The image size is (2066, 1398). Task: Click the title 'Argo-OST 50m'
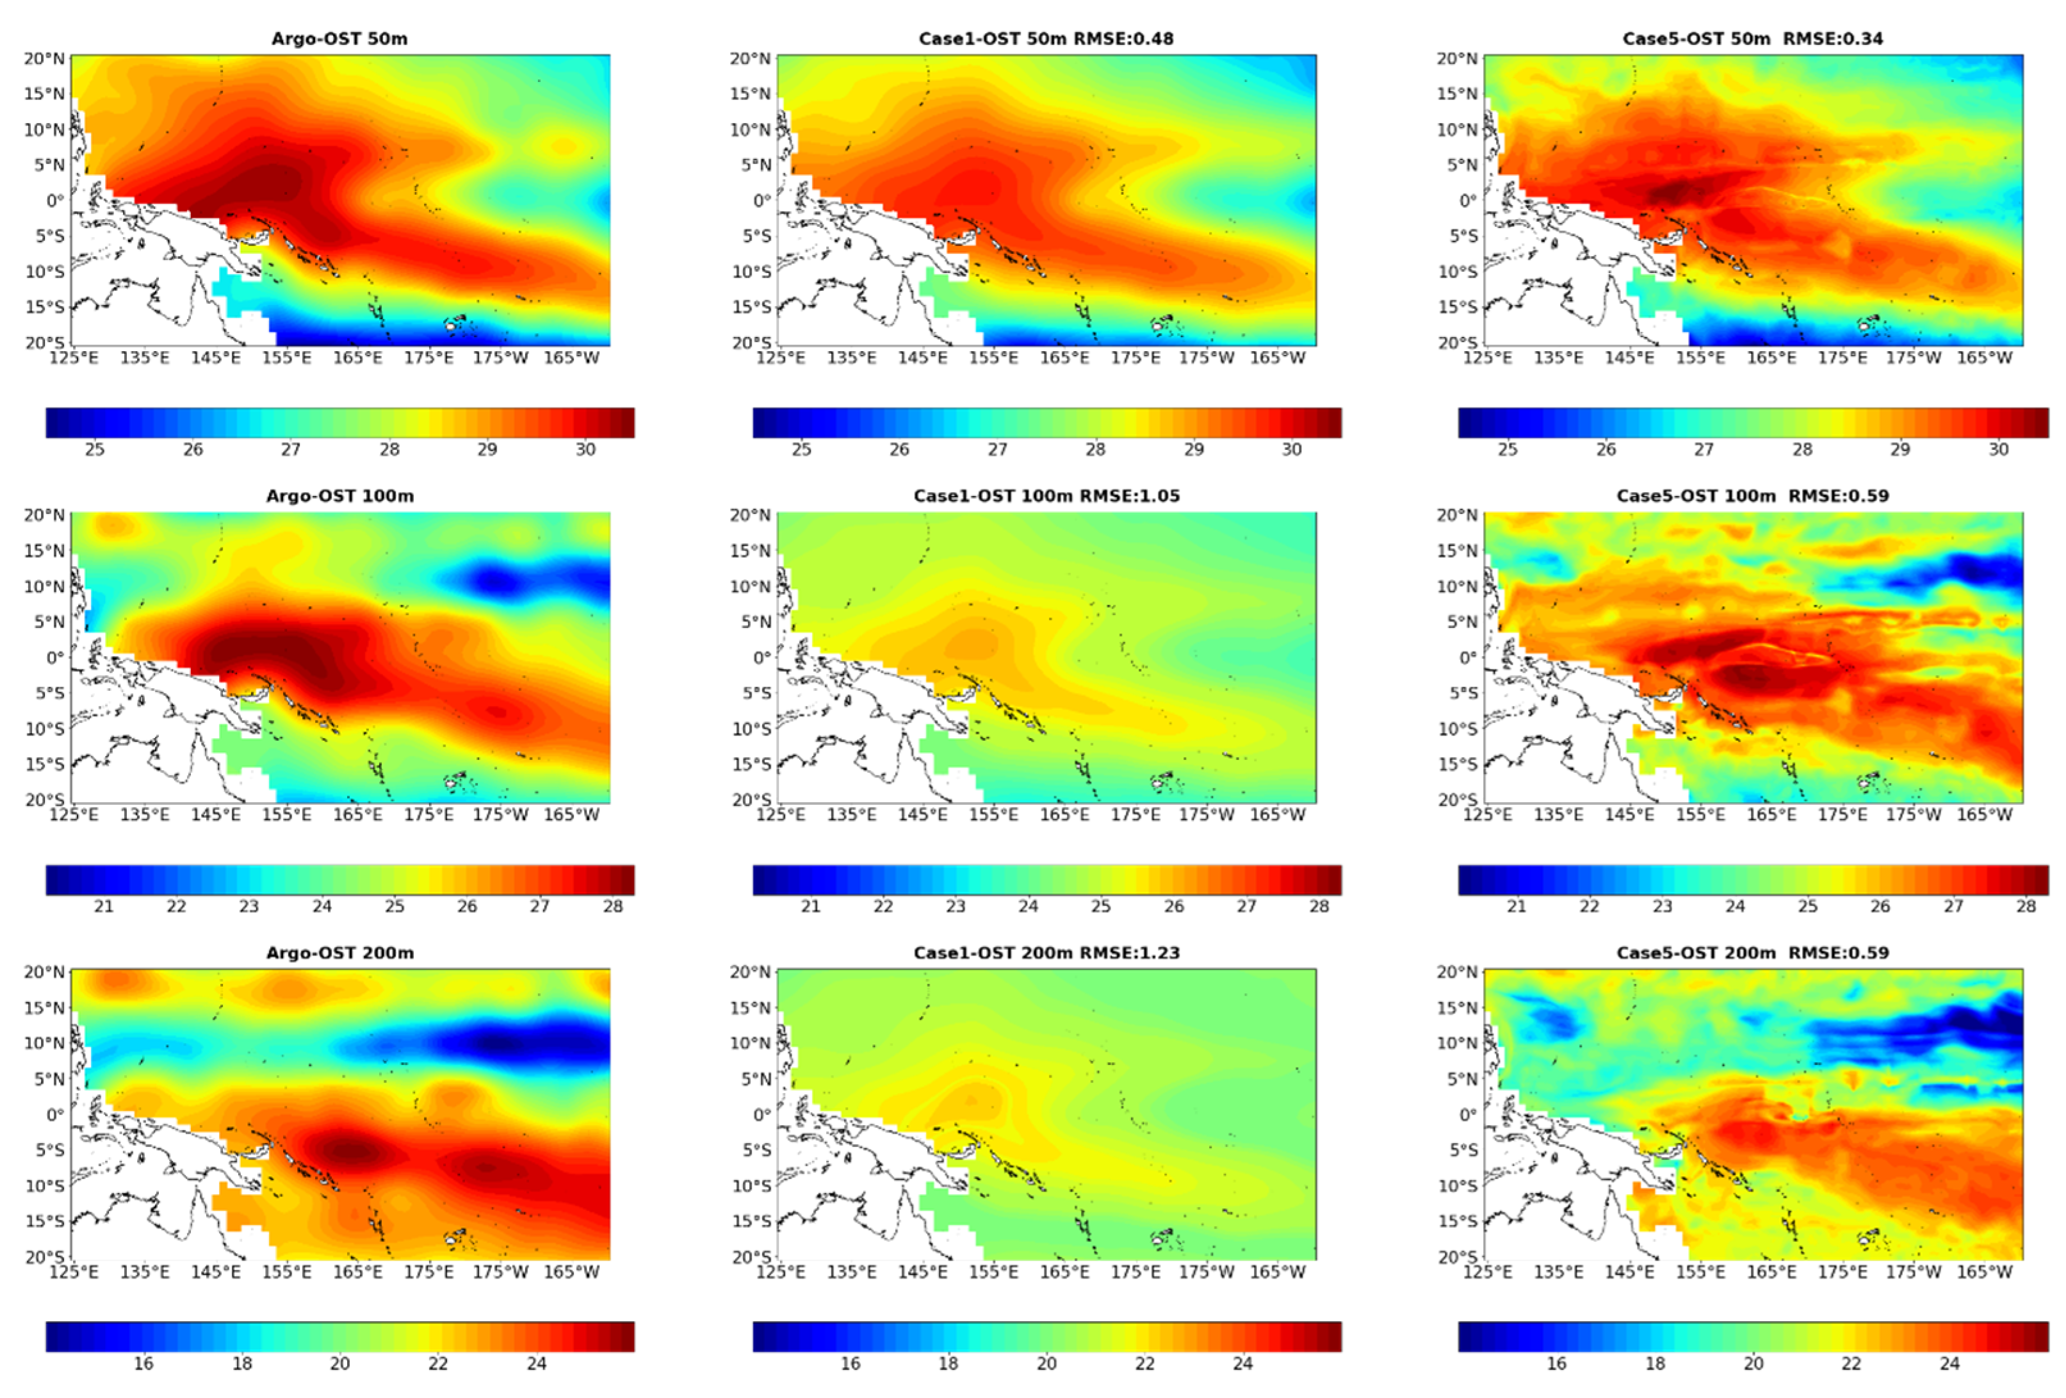point(339,38)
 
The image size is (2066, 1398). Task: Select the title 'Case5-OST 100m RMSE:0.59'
point(1752,495)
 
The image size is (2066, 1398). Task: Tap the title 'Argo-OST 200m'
point(339,953)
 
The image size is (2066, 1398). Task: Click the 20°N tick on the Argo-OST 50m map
point(44,59)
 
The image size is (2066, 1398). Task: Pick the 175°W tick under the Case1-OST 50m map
point(1207,358)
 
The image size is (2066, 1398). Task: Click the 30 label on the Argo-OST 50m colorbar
point(585,450)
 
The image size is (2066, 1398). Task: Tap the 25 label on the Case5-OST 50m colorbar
point(1508,450)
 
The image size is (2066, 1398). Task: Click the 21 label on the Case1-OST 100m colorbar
point(810,906)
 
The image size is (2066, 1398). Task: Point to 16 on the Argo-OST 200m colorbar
point(143,1363)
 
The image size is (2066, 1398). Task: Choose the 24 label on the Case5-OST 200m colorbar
point(1949,1363)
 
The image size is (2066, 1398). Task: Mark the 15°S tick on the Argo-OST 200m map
point(44,1221)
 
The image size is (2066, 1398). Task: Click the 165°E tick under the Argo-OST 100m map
point(357,814)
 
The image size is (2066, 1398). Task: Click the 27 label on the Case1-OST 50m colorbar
point(997,450)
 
